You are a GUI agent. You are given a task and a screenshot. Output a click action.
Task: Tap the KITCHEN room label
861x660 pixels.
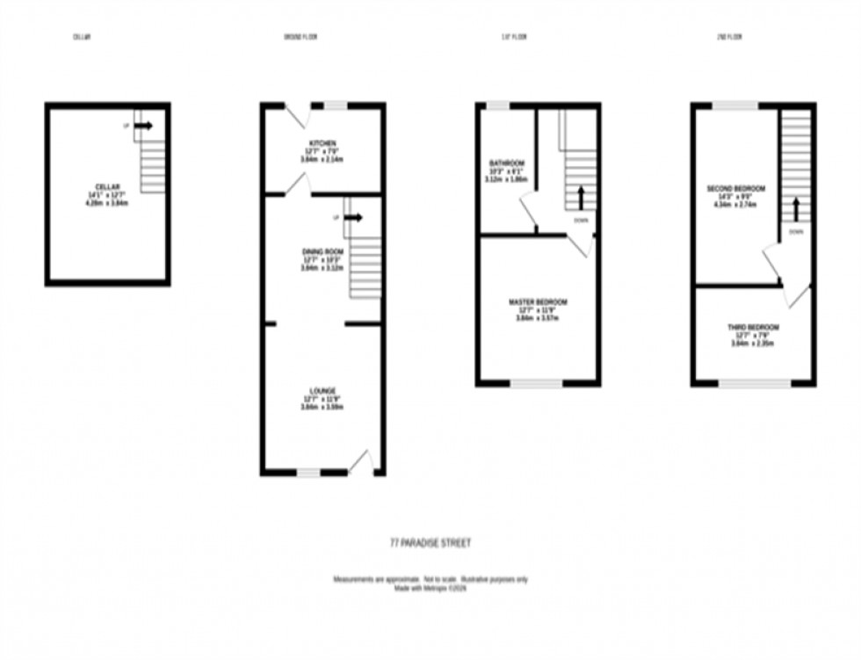[x=322, y=143]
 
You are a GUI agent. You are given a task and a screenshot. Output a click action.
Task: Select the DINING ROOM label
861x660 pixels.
[x=322, y=251]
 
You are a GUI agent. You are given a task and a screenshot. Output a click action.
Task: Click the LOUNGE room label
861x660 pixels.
[x=322, y=390]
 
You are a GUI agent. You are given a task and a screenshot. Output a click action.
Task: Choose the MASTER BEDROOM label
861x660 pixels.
[x=538, y=302]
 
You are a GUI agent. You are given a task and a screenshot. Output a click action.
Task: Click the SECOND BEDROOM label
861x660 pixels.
[x=736, y=189]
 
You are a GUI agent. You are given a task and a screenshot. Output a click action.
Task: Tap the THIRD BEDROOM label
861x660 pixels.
[x=753, y=327]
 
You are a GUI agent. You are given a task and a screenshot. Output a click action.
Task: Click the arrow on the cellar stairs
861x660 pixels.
[x=143, y=126]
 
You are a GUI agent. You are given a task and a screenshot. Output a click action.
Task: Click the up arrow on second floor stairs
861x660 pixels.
[x=796, y=209]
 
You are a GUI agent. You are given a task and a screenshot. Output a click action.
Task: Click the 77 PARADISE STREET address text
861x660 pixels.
[x=430, y=543]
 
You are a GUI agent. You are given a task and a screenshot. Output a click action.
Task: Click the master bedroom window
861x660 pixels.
[x=537, y=383]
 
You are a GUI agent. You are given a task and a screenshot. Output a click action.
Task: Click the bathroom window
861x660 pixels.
[x=498, y=105]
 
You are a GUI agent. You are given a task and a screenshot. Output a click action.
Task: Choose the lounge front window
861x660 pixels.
[x=307, y=473]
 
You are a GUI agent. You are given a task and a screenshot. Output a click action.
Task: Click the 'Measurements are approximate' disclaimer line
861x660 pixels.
[x=430, y=579]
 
